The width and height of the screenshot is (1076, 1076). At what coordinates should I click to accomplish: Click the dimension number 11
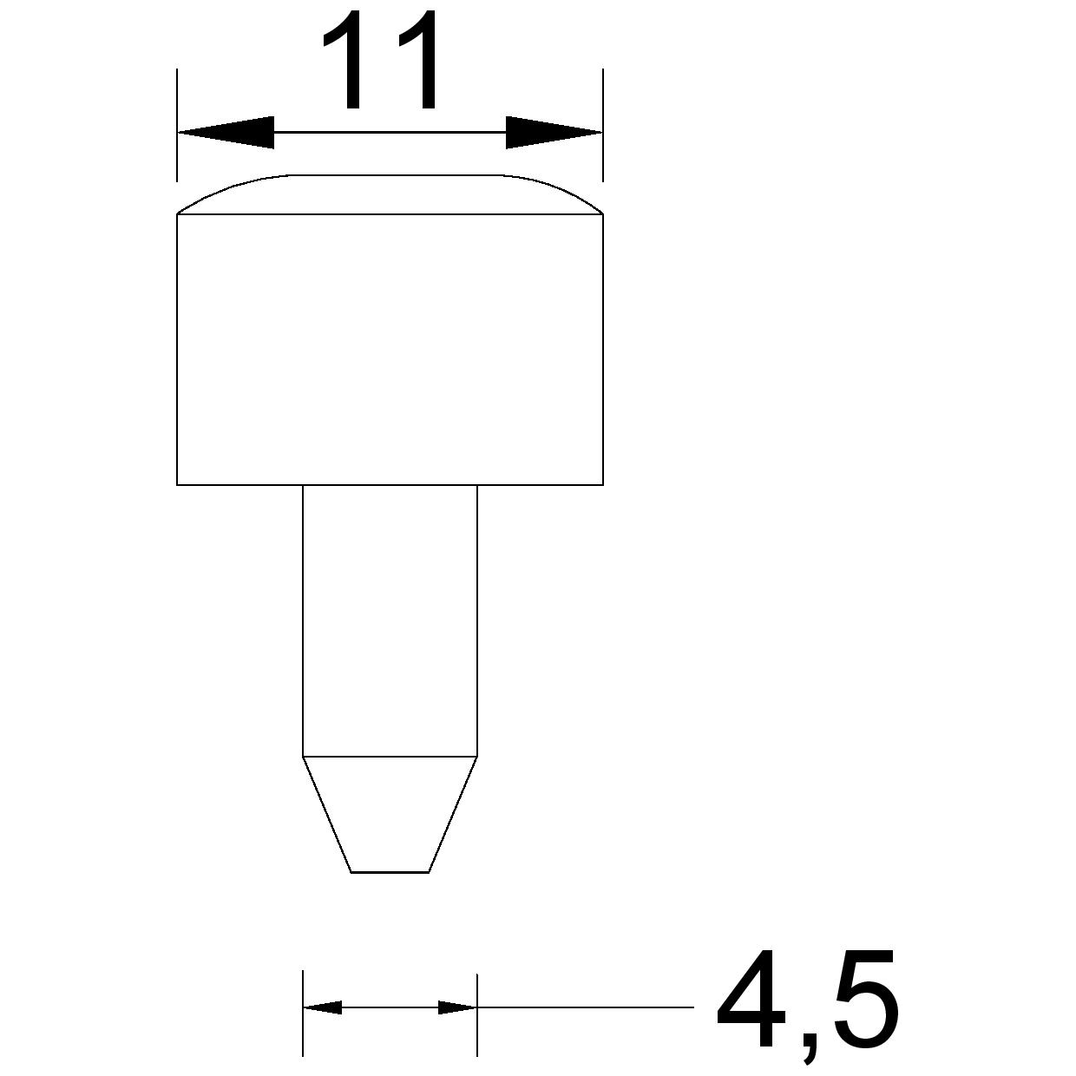click(x=380, y=60)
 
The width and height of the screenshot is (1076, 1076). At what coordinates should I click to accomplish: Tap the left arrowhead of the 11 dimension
click(x=226, y=133)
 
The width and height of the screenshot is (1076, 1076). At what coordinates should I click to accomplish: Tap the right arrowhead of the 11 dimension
click(x=554, y=133)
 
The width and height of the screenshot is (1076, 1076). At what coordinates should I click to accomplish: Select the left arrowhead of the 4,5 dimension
click(x=322, y=1007)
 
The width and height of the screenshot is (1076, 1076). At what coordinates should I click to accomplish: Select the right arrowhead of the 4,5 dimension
click(x=457, y=1007)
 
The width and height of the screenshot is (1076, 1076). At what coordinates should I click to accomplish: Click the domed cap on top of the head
click(x=390, y=194)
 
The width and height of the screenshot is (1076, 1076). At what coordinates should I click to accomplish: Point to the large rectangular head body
click(x=390, y=350)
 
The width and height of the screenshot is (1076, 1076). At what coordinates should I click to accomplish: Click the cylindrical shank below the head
click(x=390, y=621)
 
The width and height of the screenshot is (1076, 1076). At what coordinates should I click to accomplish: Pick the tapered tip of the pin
click(x=390, y=814)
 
